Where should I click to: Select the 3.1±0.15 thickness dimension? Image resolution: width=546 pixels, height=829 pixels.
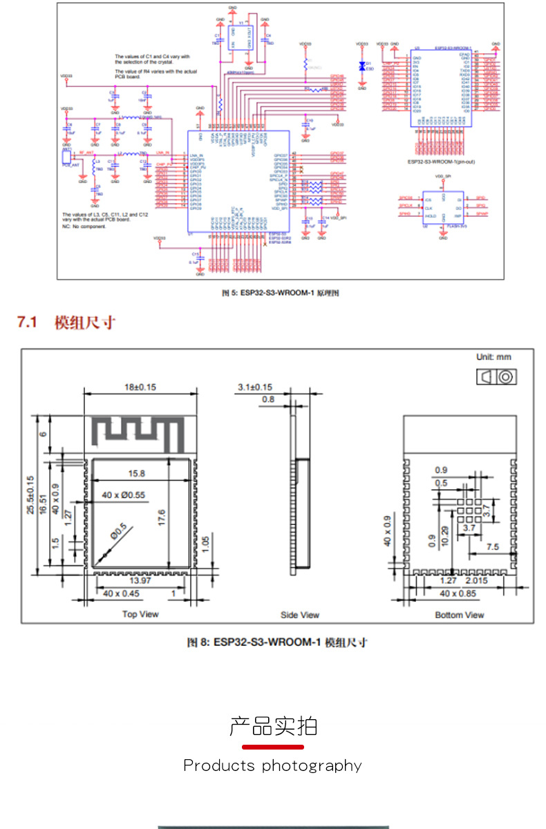[x=255, y=387]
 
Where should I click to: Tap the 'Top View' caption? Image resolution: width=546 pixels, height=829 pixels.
[x=140, y=614]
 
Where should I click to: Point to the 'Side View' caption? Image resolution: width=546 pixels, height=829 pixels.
[x=300, y=615]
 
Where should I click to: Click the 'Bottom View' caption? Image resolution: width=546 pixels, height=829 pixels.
[x=460, y=615]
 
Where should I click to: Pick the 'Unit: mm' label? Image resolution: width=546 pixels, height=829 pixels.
[x=493, y=357]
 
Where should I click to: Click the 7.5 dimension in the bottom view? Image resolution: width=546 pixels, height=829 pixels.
[x=493, y=546]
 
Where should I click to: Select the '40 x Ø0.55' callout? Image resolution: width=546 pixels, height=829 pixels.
[x=123, y=495]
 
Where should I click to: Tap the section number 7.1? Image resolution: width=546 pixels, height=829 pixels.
[x=27, y=322]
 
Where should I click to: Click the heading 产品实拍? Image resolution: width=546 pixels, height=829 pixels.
[x=273, y=726]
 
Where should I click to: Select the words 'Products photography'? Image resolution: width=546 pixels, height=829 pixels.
[x=272, y=765]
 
